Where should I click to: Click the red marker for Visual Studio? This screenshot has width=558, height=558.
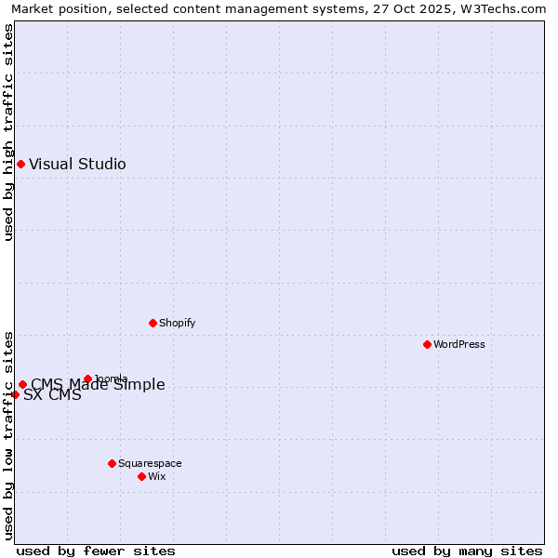[x=20, y=165]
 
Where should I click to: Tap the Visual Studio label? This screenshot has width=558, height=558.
[x=77, y=165]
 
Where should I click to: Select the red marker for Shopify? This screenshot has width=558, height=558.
[x=153, y=323]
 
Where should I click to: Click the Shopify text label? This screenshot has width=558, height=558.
[x=177, y=323]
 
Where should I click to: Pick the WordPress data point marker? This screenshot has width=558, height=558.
[x=427, y=344]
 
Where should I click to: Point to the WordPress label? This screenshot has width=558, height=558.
[x=458, y=344]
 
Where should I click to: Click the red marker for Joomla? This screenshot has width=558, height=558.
[x=87, y=379]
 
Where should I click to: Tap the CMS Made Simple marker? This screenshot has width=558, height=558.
[x=22, y=384]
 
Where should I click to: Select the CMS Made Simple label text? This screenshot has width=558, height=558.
[x=98, y=385]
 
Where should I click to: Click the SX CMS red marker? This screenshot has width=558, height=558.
[x=15, y=394]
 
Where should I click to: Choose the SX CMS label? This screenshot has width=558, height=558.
[x=52, y=395]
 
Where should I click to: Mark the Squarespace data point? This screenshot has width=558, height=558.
[x=112, y=463]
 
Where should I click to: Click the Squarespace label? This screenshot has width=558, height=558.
[x=150, y=463]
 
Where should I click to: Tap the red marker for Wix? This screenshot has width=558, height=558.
[x=141, y=476]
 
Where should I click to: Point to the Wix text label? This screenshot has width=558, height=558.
[x=157, y=476]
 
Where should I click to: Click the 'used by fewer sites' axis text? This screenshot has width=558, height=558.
[x=96, y=551]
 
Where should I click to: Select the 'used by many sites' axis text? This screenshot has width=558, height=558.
[x=467, y=551]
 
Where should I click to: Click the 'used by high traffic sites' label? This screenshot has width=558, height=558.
[x=8, y=132]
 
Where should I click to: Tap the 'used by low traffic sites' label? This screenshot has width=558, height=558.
[x=8, y=435]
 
